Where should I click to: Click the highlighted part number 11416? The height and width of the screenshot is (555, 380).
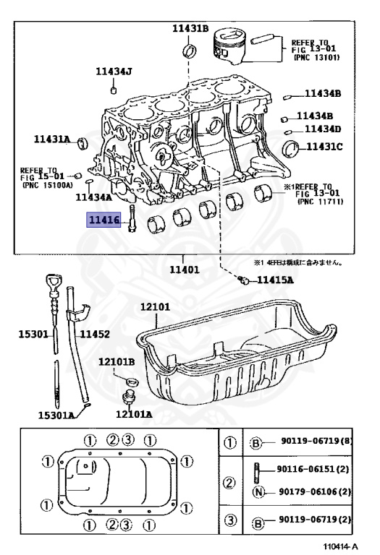pos(105,220)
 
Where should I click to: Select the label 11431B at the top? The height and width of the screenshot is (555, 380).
pos(190,29)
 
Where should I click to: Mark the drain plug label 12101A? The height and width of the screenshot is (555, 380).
pos(134,414)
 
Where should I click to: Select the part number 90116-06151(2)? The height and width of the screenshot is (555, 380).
pos(314,468)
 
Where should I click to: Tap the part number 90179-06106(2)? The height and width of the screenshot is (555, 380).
pos(315,492)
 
